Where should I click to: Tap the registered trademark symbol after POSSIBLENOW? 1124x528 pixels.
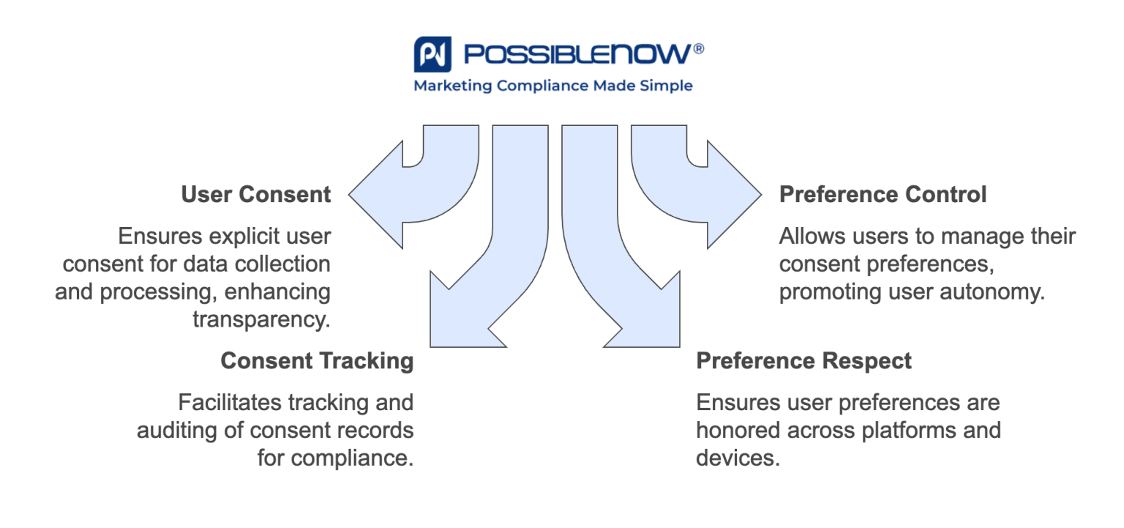(x=698, y=48)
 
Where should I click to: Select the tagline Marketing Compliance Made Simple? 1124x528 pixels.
(x=552, y=86)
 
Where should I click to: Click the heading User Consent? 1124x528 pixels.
(x=256, y=195)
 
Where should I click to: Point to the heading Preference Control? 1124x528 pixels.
(x=883, y=195)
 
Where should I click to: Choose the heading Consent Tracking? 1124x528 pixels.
(x=317, y=361)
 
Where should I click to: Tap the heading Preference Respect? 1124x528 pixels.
(x=803, y=361)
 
